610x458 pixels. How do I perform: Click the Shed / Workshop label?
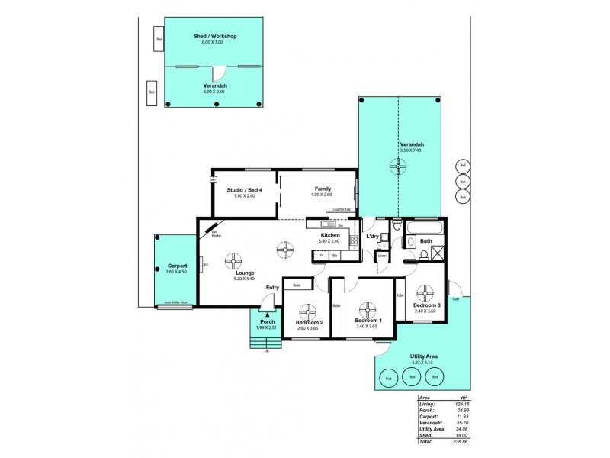(x=214, y=36)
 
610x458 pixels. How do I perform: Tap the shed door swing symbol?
(x=219, y=74)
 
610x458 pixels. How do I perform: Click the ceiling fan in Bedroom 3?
(x=425, y=292)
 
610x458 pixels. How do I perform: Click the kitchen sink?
(x=328, y=224)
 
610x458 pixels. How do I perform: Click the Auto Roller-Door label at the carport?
(x=176, y=303)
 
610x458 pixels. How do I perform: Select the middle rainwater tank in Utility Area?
(x=412, y=377)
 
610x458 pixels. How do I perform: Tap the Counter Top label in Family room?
(x=342, y=210)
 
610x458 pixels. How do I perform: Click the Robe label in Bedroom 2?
(x=297, y=285)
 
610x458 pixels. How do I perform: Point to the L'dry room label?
(x=373, y=237)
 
